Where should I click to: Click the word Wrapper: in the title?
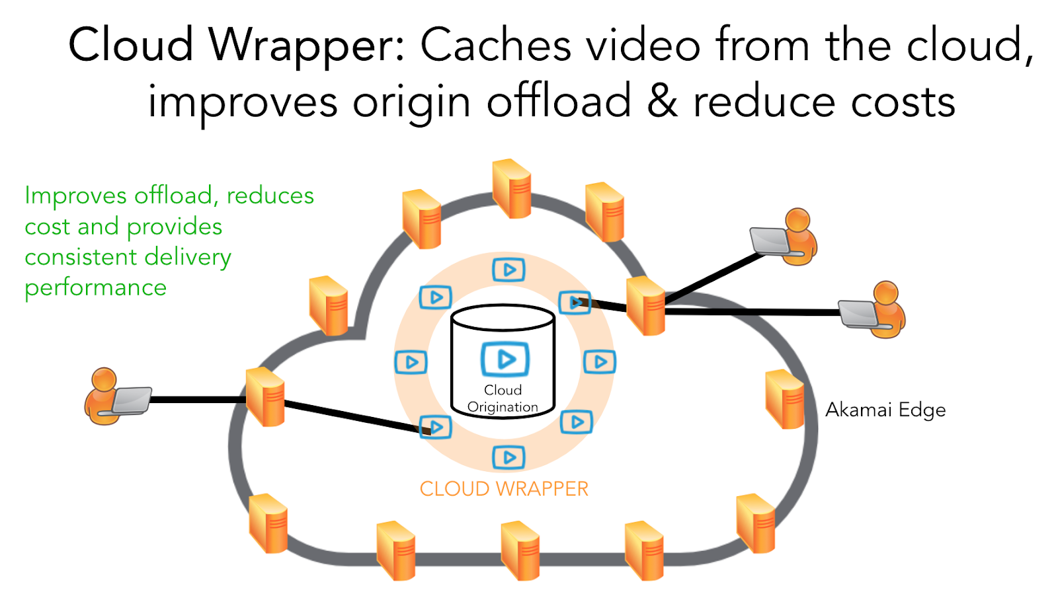pos(305,46)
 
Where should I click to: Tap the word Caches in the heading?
pos(496,46)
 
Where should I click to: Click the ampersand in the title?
pos(663,102)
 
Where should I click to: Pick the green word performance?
pos(95,288)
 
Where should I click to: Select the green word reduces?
pos(270,196)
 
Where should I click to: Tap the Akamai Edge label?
pos(885,410)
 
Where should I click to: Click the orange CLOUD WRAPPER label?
pos(504,489)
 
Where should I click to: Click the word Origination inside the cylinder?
pos(503,407)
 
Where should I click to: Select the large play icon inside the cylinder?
pos(505,359)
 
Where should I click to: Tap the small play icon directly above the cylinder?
pos(509,270)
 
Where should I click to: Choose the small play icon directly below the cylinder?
pos(509,457)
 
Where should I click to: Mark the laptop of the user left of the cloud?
pos(132,400)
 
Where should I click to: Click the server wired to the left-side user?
pos(265,396)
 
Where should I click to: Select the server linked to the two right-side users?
pos(645,305)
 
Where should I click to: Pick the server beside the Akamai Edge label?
pos(784,399)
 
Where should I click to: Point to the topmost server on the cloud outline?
pos(512,188)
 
